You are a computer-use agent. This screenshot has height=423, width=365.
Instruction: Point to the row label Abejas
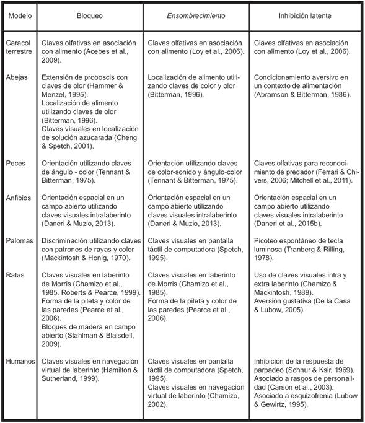[17, 78]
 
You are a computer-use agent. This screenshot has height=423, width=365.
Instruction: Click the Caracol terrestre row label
[19, 47]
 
